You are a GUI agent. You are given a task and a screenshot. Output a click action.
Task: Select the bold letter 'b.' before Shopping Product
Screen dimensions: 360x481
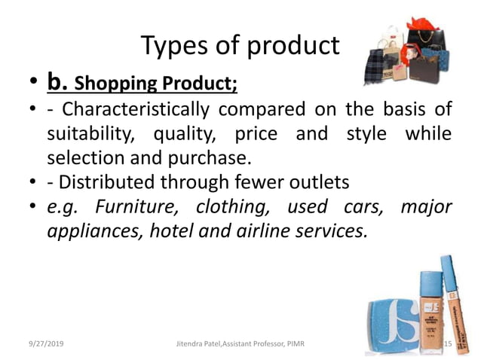(59, 80)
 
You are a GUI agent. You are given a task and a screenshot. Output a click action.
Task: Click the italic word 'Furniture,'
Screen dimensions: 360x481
(139, 206)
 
